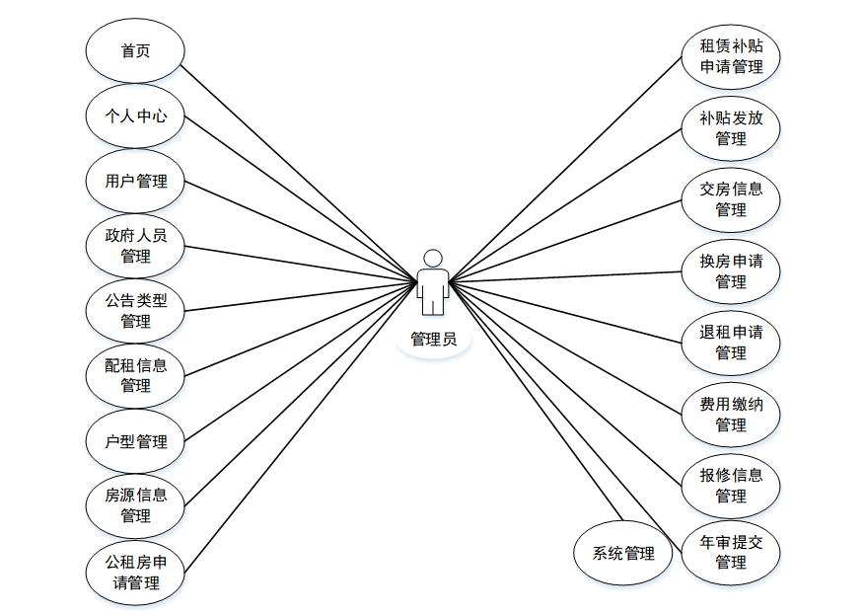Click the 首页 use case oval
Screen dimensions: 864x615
pyautogui.click(x=135, y=50)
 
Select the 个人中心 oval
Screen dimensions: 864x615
pyautogui.click(x=135, y=115)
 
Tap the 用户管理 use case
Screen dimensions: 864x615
pyautogui.click(x=135, y=181)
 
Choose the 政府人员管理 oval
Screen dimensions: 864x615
pyautogui.click(x=135, y=245)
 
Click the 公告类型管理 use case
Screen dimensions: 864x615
pyautogui.click(x=135, y=310)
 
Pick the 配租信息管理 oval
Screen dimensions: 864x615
pyautogui.click(x=135, y=375)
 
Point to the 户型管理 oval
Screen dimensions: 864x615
pyautogui.click(x=135, y=441)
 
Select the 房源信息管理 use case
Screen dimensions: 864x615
pyautogui.click(x=135, y=504)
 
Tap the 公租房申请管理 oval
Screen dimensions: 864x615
pyautogui.click(x=135, y=572)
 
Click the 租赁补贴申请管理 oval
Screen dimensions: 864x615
pyautogui.click(x=731, y=56)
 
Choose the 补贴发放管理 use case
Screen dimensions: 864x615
pyautogui.click(x=731, y=127)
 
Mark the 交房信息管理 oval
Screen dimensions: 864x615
pyautogui.click(x=731, y=198)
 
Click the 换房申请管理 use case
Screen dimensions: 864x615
pyautogui.click(x=731, y=270)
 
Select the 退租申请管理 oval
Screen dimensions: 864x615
pyautogui.click(x=731, y=342)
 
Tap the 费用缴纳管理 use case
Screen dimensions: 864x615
pyautogui.click(x=731, y=414)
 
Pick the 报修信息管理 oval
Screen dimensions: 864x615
pyautogui.click(x=731, y=485)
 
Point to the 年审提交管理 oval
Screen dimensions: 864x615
pyautogui.click(x=731, y=552)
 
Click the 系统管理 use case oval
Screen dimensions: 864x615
pyautogui.click(x=623, y=553)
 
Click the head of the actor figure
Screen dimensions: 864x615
pyautogui.click(x=432, y=258)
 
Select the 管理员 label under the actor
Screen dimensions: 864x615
pyautogui.click(x=433, y=340)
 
